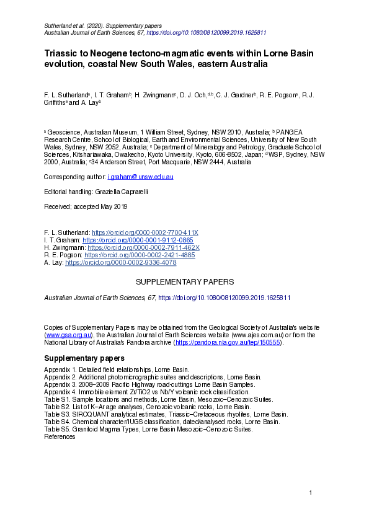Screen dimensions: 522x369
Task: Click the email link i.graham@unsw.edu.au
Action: click(144, 177)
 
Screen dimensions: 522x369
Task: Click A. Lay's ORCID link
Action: click(121, 263)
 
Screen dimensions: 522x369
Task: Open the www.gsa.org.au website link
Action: click(68, 334)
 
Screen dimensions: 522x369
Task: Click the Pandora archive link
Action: click(228, 342)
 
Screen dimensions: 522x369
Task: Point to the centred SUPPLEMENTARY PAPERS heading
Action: click(184, 282)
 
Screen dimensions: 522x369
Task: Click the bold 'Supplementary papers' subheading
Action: click(84, 358)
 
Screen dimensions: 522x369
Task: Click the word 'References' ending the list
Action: click(60, 436)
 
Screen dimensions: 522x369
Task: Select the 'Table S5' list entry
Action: click(148, 429)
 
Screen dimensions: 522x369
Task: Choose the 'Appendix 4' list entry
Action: click(146, 392)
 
